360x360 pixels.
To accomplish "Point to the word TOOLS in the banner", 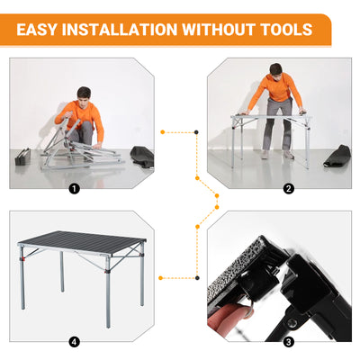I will pyautogui.click(x=283, y=30).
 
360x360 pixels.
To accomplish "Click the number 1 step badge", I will pyautogui.click(x=74, y=189).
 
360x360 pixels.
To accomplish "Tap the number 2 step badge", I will pyautogui.click(x=287, y=189).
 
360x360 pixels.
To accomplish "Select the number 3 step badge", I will pyautogui.click(x=287, y=341).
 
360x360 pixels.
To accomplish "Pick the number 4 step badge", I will pyautogui.click(x=74, y=341).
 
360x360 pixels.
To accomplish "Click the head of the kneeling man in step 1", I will pyautogui.click(x=84, y=94).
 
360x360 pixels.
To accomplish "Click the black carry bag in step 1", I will pyautogui.click(x=141, y=157).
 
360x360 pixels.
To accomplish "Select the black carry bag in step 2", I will pyautogui.click(x=337, y=156).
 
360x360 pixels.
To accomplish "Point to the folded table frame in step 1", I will pyautogui.click(x=72, y=148).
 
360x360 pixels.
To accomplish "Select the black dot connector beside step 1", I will pyautogui.click(x=195, y=132).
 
